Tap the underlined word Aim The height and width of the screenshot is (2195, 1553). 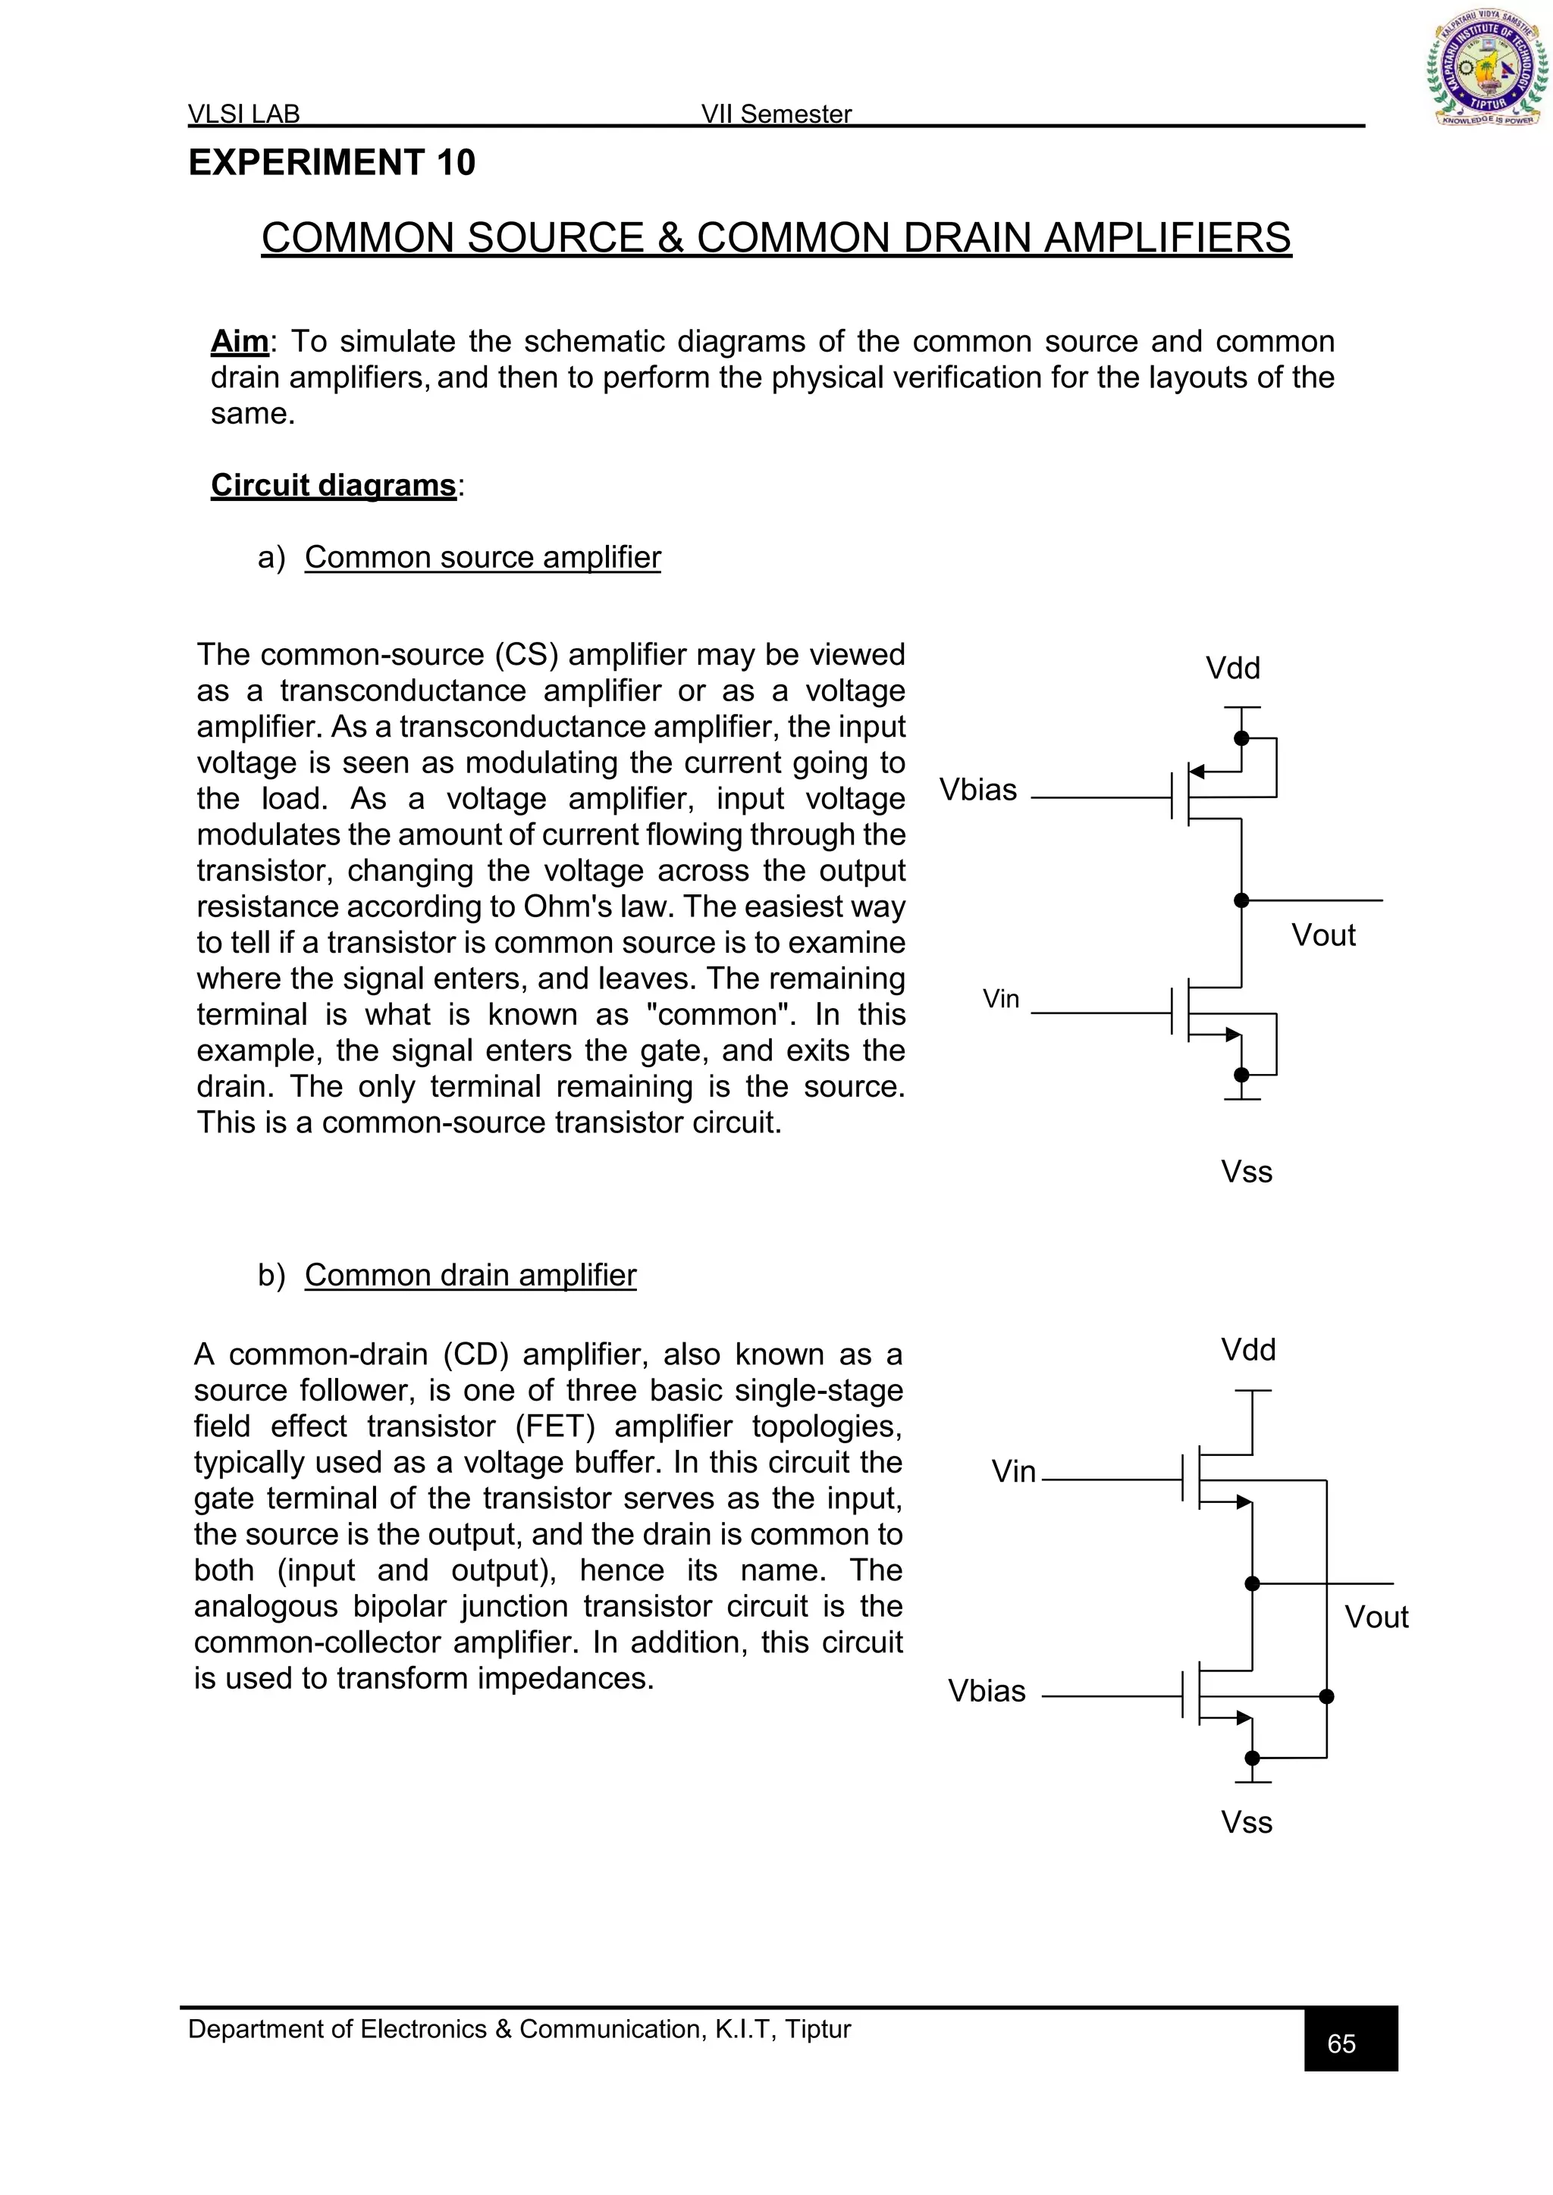coord(239,341)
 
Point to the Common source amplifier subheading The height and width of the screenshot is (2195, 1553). coord(482,557)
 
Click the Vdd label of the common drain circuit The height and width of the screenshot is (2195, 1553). coord(1248,1350)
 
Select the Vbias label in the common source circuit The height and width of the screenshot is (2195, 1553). coord(977,790)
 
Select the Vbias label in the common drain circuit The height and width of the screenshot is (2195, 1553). coord(986,1691)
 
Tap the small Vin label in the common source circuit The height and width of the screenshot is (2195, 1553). coord(1000,999)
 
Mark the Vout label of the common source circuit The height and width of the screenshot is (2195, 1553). coord(1322,935)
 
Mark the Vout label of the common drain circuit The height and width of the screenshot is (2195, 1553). coord(1376,1617)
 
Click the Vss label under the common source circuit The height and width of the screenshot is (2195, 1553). coord(1246,1172)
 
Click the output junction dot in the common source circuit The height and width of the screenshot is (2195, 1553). coord(1241,900)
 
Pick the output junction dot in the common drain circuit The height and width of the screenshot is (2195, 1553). coord(1252,1584)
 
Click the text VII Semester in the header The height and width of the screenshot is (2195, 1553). coord(776,114)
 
